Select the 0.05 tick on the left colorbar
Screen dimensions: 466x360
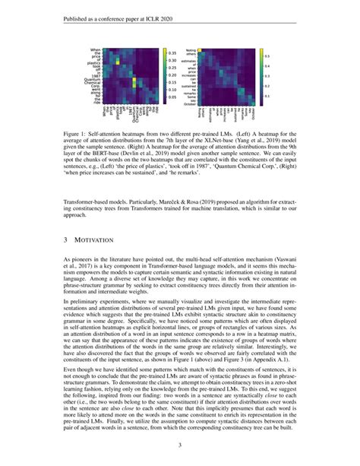[171, 97]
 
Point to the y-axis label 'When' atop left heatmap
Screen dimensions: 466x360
[104, 50]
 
